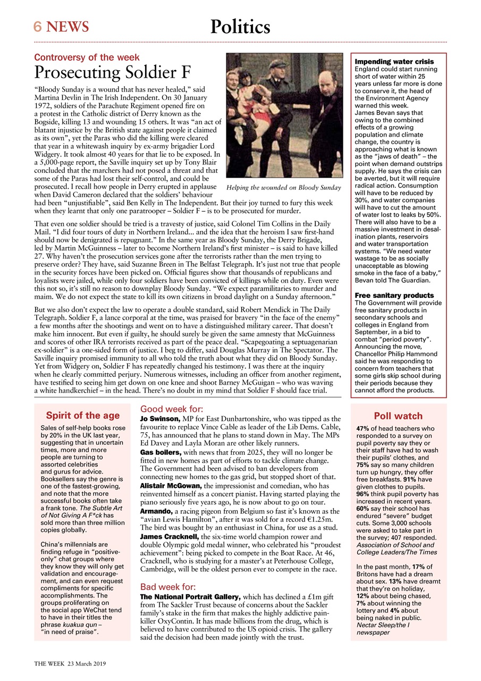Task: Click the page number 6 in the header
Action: [x=38, y=27]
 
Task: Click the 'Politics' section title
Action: [x=240, y=27]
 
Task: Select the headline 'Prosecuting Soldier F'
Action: [x=113, y=72]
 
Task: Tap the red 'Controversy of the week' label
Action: [x=87, y=57]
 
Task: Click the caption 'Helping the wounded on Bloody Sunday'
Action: [x=283, y=188]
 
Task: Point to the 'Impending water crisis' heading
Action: [x=394, y=62]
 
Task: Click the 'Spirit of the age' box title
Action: [x=82, y=416]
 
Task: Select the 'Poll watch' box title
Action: [x=398, y=416]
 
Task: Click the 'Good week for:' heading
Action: [x=171, y=409]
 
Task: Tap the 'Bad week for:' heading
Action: [x=168, y=587]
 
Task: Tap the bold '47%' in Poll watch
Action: [x=363, y=428]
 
